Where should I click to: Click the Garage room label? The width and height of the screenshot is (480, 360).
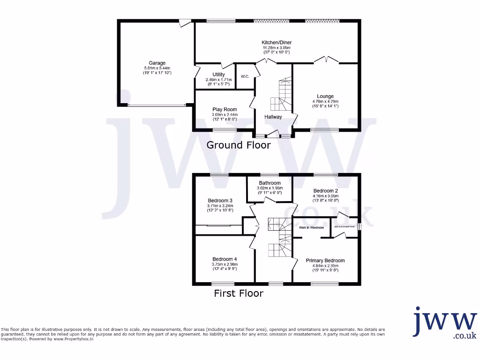[157, 63]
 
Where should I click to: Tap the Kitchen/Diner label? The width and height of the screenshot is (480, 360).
[277, 42]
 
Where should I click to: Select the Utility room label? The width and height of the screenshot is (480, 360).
[218, 75]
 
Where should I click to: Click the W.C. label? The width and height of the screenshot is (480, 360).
[245, 76]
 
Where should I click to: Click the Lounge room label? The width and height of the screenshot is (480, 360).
[325, 96]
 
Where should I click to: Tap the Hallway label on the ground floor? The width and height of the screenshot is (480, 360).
[273, 117]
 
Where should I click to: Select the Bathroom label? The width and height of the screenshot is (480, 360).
[270, 183]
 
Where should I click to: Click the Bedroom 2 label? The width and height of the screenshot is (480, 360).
[326, 191]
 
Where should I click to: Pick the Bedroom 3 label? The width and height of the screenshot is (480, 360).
[220, 200]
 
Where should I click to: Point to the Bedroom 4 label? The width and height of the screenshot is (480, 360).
[225, 259]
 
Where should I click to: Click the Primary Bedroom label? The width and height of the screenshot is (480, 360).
[325, 261]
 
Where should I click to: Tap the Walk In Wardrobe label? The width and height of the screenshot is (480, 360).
[311, 228]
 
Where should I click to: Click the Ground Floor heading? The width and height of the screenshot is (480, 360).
[239, 145]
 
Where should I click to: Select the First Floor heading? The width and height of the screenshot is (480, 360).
[239, 293]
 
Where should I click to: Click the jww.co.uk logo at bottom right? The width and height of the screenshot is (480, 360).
[445, 323]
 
